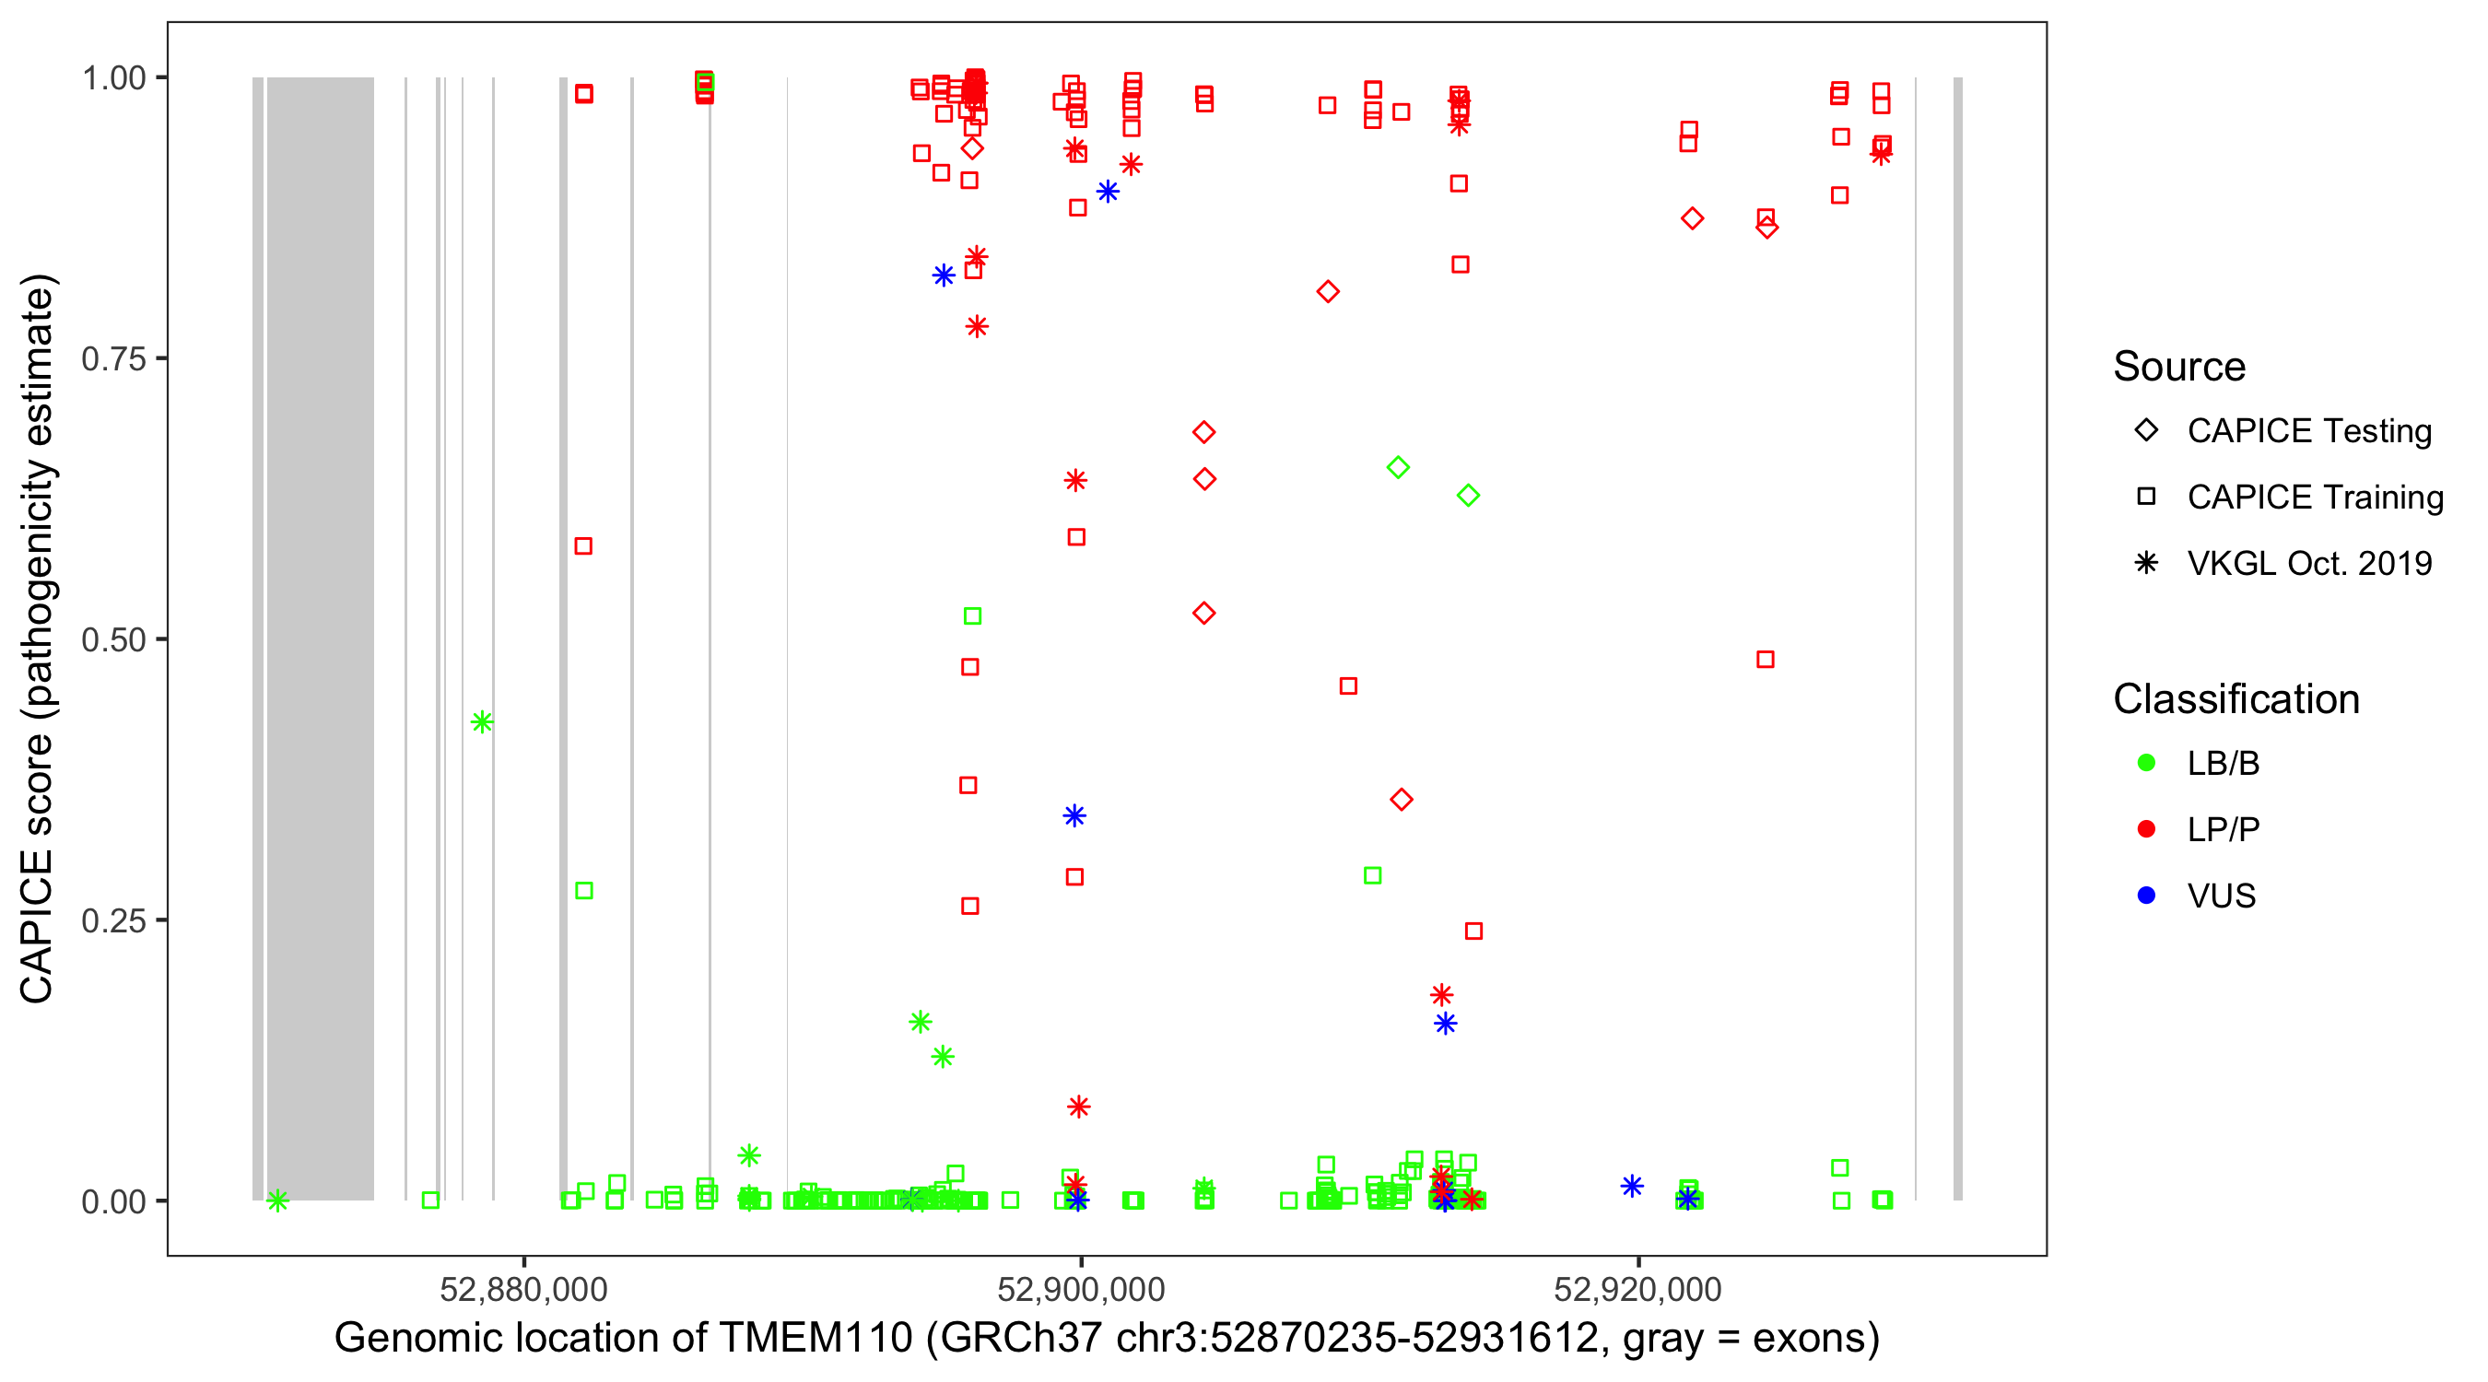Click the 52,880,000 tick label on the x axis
(x=523, y=1289)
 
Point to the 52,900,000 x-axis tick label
(x=1081, y=1289)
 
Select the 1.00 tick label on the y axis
(x=113, y=78)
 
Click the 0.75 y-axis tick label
(x=113, y=359)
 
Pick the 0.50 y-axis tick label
(x=113, y=640)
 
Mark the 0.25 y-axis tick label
(x=113, y=920)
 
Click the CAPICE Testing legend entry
(x=2308, y=431)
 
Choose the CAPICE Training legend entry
(x=2314, y=498)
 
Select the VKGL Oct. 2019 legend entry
(x=2308, y=563)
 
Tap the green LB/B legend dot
(x=2146, y=763)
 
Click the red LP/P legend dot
(x=2146, y=829)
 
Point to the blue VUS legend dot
(x=2146, y=896)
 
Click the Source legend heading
(x=2179, y=367)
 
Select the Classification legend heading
(x=2236, y=699)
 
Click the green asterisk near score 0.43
(x=482, y=721)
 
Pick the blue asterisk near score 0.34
(x=1074, y=816)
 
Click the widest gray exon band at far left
(x=321, y=638)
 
